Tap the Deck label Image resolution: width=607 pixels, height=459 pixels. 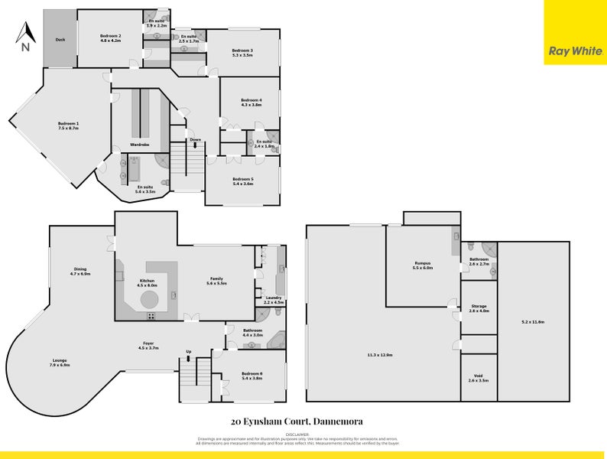click(x=59, y=40)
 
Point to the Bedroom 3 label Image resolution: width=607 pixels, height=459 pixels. click(x=242, y=50)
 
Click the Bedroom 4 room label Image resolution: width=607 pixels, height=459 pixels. click(x=251, y=100)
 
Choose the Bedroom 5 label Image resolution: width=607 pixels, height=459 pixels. click(x=242, y=179)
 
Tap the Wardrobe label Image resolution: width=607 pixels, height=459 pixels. click(x=139, y=144)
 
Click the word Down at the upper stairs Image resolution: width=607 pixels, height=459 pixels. click(x=196, y=140)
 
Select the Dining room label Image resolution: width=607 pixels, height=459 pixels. click(x=80, y=269)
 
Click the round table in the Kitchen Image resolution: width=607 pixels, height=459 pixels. click(x=148, y=298)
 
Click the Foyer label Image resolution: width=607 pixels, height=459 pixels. click(x=148, y=343)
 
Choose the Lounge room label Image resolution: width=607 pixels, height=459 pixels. click(x=60, y=360)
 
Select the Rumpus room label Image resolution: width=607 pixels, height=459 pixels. click(x=423, y=263)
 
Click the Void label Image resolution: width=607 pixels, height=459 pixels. click(x=479, y=375)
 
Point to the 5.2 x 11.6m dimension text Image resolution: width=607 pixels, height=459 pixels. click(x=534, y=322)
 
